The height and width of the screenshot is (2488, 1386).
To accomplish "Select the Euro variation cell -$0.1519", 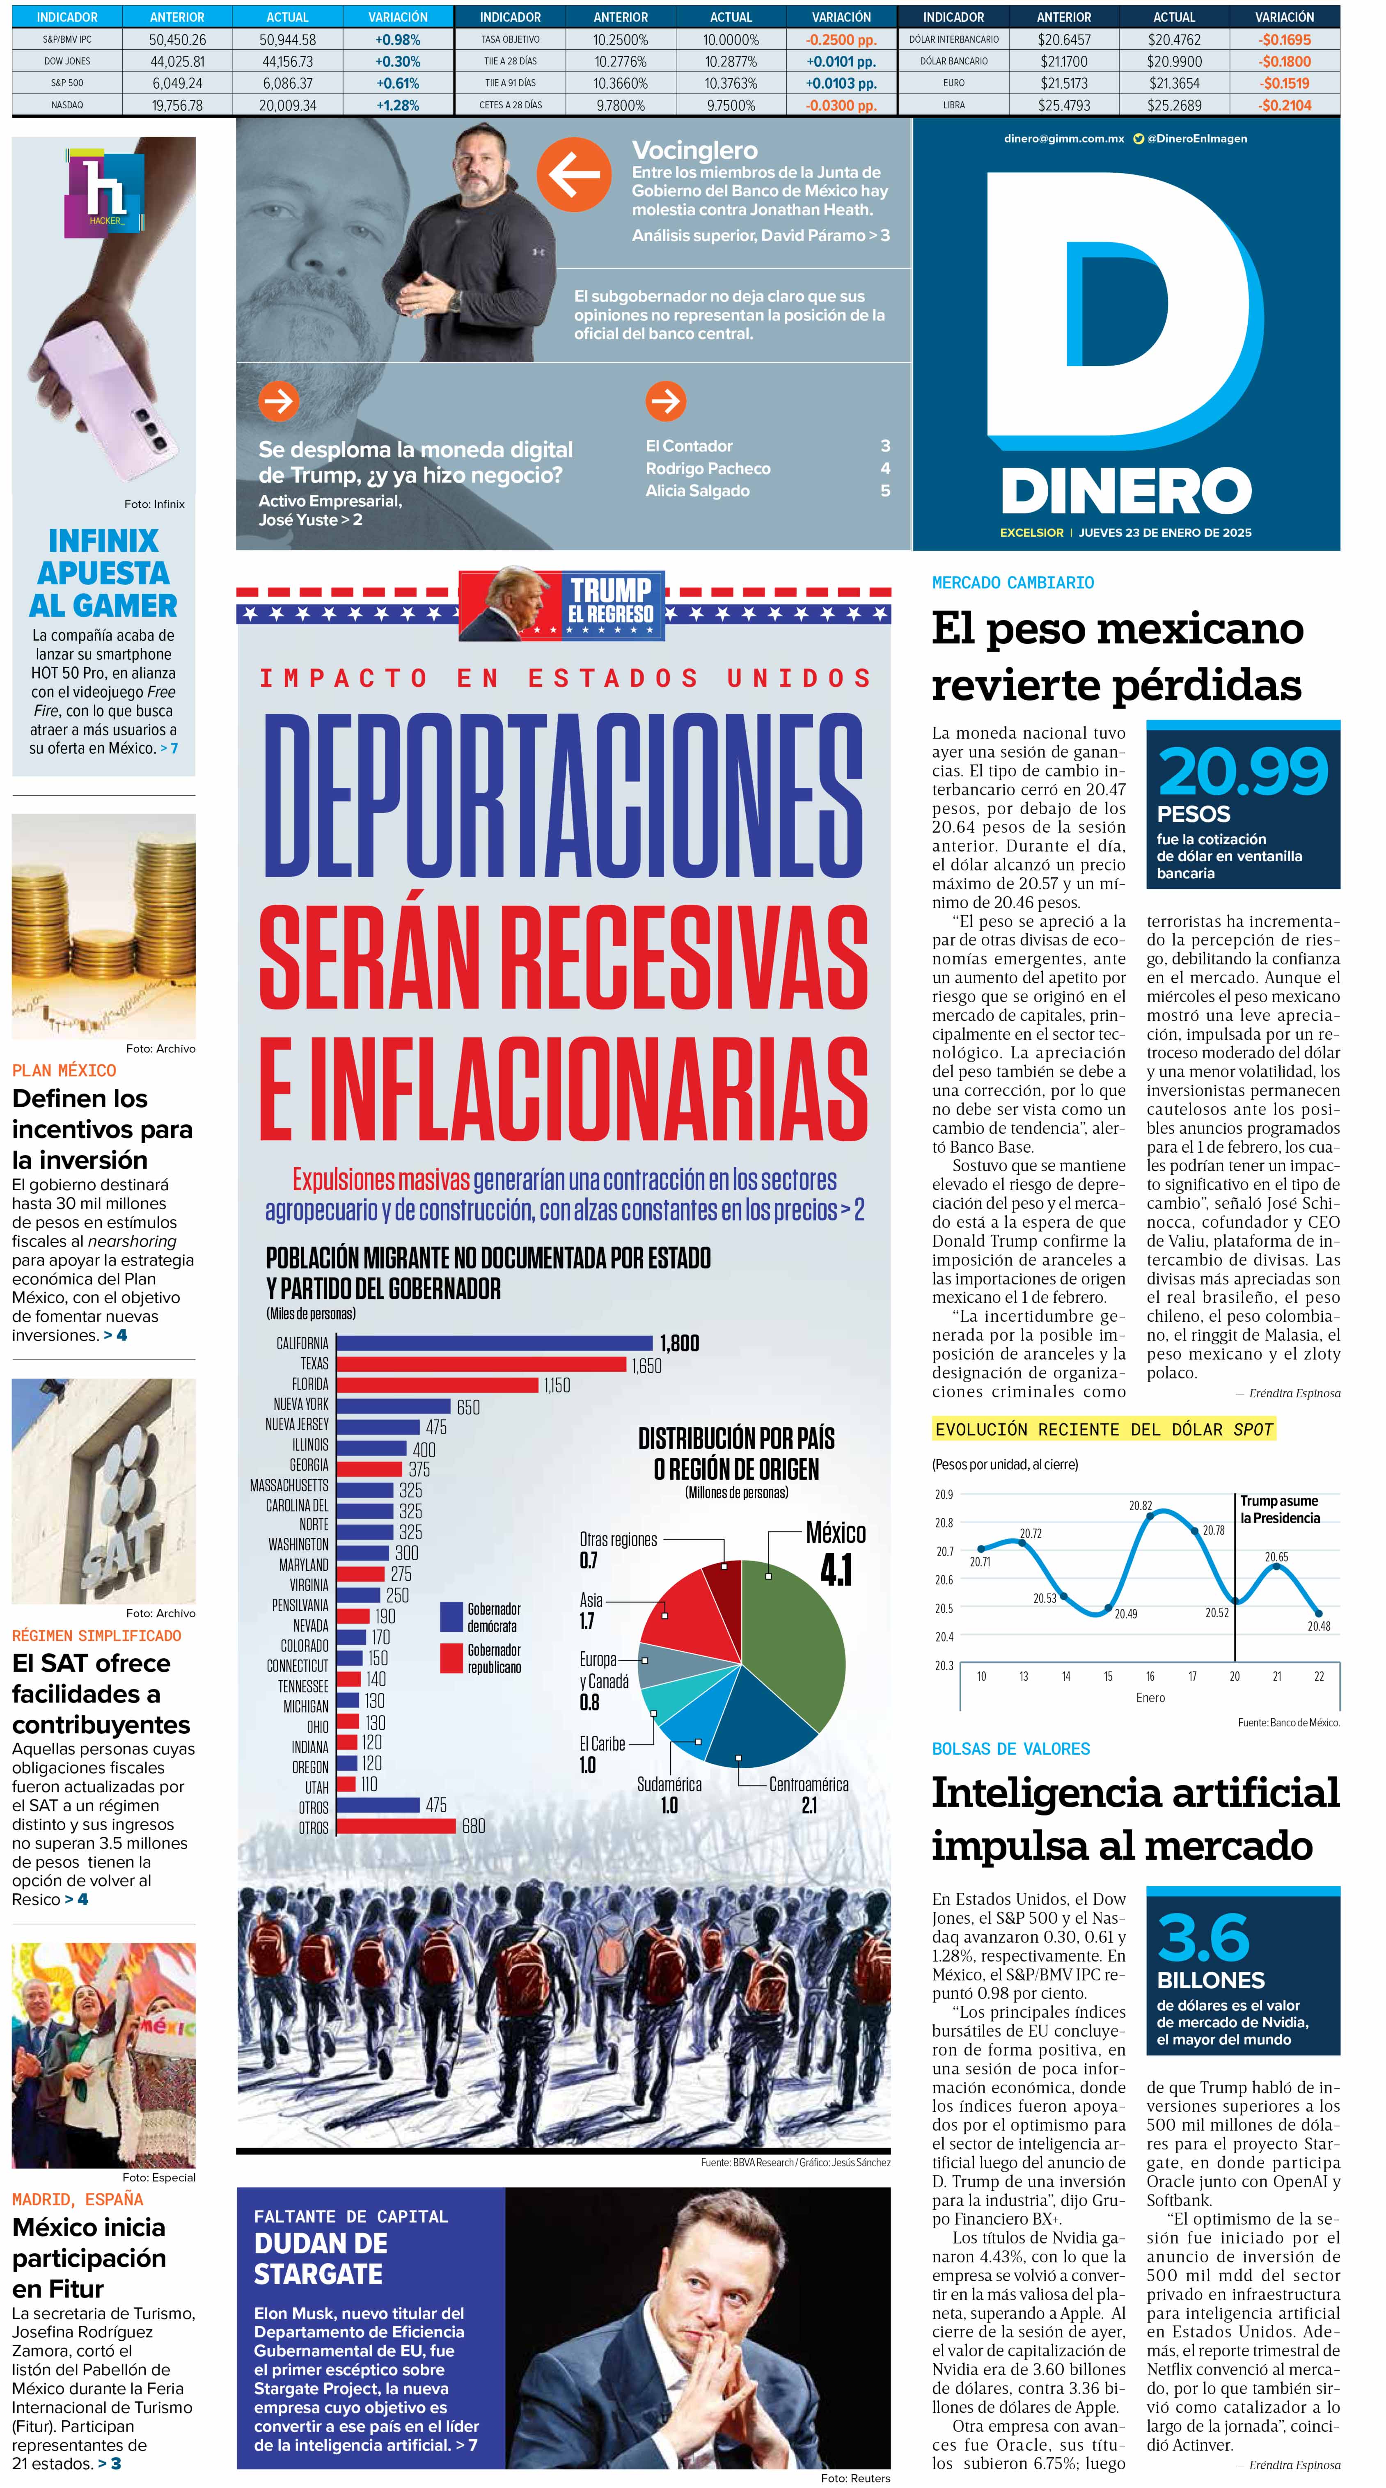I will click(1285, 83).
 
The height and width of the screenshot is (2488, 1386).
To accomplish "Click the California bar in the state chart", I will click(495, 1343).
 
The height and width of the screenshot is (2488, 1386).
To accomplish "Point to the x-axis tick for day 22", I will click(1318, 1676).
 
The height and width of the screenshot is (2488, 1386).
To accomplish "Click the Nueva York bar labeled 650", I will click(393, 1405).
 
